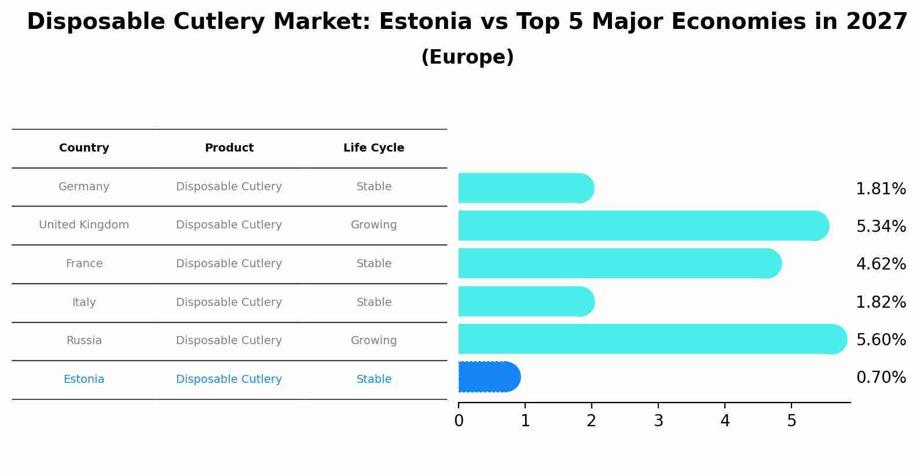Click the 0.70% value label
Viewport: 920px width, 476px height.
(881, 378)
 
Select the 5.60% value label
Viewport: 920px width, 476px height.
(881, 340)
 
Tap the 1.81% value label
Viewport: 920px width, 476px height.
(881, 189)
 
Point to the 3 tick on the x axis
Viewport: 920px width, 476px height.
(658, 421)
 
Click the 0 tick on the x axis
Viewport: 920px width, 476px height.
(459, 421)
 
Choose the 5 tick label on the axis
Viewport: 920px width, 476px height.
(791, 421)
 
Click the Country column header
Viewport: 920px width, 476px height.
(84, 148)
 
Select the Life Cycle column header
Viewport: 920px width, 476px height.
(373, 148)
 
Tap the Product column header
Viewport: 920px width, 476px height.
(229, 148)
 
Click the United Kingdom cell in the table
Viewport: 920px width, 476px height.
(84, 225)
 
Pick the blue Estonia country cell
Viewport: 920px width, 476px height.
(84, 379)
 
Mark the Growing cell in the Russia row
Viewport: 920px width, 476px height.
(373, 341)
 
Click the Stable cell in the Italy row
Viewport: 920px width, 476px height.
(373, 302)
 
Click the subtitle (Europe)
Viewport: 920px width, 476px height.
(467, 57)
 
